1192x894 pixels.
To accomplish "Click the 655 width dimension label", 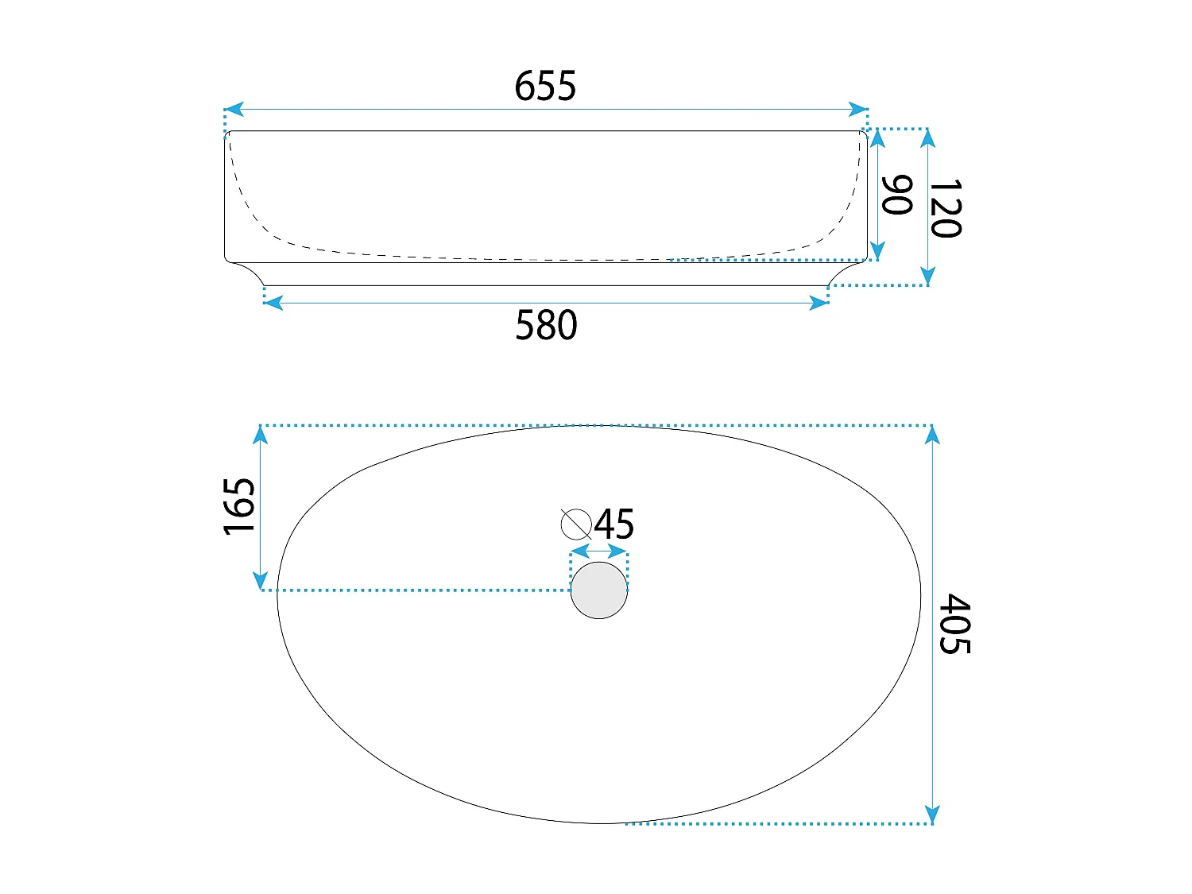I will [545, 86].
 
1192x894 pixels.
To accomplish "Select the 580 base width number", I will [546, 325].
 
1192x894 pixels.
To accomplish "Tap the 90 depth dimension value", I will [897, 195].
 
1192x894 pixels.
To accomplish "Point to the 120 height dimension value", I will [946, 208].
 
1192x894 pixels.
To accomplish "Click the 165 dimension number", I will [239, 506].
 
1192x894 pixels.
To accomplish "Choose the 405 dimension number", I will [954, 624].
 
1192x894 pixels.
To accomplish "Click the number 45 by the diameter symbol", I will [614, 524].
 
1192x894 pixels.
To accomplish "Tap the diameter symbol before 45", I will [576, 524].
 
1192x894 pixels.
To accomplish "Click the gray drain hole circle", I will [599, 590].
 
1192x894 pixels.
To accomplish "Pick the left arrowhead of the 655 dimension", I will [233, 110].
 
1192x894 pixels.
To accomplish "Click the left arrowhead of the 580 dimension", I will [273, 303].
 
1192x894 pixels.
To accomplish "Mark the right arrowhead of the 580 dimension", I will [819, 303].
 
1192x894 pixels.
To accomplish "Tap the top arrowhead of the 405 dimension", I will [933, 435].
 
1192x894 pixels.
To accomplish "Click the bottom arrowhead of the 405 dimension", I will [933, 815].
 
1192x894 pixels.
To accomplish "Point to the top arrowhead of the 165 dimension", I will [261, 435].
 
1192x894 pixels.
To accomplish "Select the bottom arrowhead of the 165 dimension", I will [261, 581].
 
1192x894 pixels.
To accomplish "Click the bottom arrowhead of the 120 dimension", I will [927, 276].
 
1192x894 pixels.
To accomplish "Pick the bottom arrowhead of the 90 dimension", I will [877, 250].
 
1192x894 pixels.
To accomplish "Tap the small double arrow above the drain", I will [599, 551].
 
